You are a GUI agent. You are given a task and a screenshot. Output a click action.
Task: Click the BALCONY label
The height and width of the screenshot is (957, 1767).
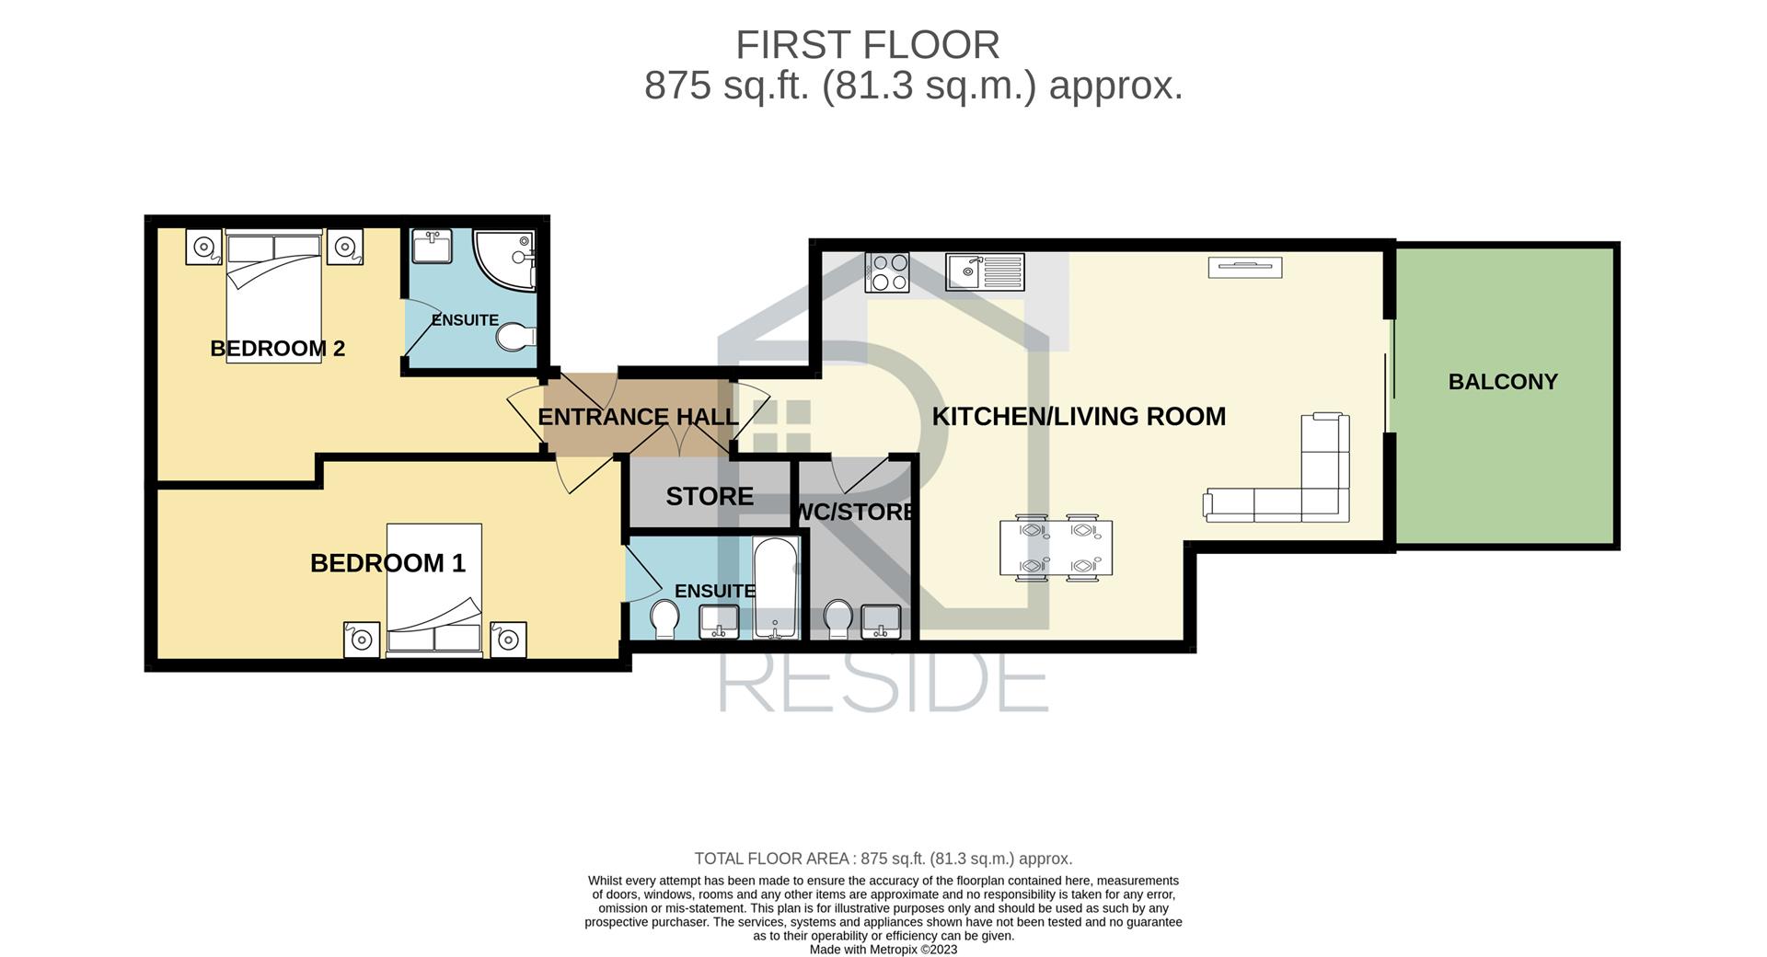click(x=1503, y=382)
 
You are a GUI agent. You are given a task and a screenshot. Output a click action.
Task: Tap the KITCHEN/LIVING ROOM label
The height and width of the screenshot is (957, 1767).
click(x=1079, y=417)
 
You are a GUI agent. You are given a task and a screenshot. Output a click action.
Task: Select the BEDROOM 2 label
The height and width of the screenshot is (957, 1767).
click(x=277, y=349)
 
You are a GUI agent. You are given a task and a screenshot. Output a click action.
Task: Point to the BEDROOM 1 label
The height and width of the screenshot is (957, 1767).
click(x=387, y=563)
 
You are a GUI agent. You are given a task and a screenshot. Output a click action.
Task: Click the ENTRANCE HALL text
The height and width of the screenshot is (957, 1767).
click(x=638, y=417)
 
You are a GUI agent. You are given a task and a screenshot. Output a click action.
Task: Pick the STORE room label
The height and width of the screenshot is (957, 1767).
click(x=710, y=497)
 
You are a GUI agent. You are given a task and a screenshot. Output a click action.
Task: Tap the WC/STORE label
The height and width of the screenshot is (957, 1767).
click(x=855, y=512)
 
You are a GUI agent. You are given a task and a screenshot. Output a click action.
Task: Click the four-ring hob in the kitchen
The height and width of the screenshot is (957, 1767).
click(x=887, y=272)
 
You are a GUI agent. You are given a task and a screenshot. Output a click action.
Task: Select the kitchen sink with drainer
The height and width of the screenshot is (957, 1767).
click(x=985, y=271)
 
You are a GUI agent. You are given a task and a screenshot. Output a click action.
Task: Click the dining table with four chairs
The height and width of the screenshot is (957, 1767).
click(x=1057, y=548)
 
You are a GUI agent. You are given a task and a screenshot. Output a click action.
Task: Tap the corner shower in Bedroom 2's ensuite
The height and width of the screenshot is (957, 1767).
click(x=504, y=259)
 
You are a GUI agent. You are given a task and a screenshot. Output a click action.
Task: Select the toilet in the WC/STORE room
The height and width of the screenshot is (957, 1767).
click(x=837, y=619)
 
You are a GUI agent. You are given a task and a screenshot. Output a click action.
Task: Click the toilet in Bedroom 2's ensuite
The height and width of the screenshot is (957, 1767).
click(x=515, y=338)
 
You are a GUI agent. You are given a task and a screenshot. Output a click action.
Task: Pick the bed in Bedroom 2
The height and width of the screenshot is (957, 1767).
click(x=274, y=295)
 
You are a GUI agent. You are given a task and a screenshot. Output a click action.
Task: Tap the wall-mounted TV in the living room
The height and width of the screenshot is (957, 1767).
click(x=1245, y=268)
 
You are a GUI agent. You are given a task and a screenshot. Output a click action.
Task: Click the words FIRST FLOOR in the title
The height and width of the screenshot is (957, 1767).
click(x=867, y=45)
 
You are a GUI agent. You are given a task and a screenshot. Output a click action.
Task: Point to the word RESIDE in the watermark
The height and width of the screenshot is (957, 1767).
click(x=883, y=683)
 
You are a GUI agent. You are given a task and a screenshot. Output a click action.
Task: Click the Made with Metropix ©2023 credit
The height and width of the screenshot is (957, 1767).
click(x=883, y=950)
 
